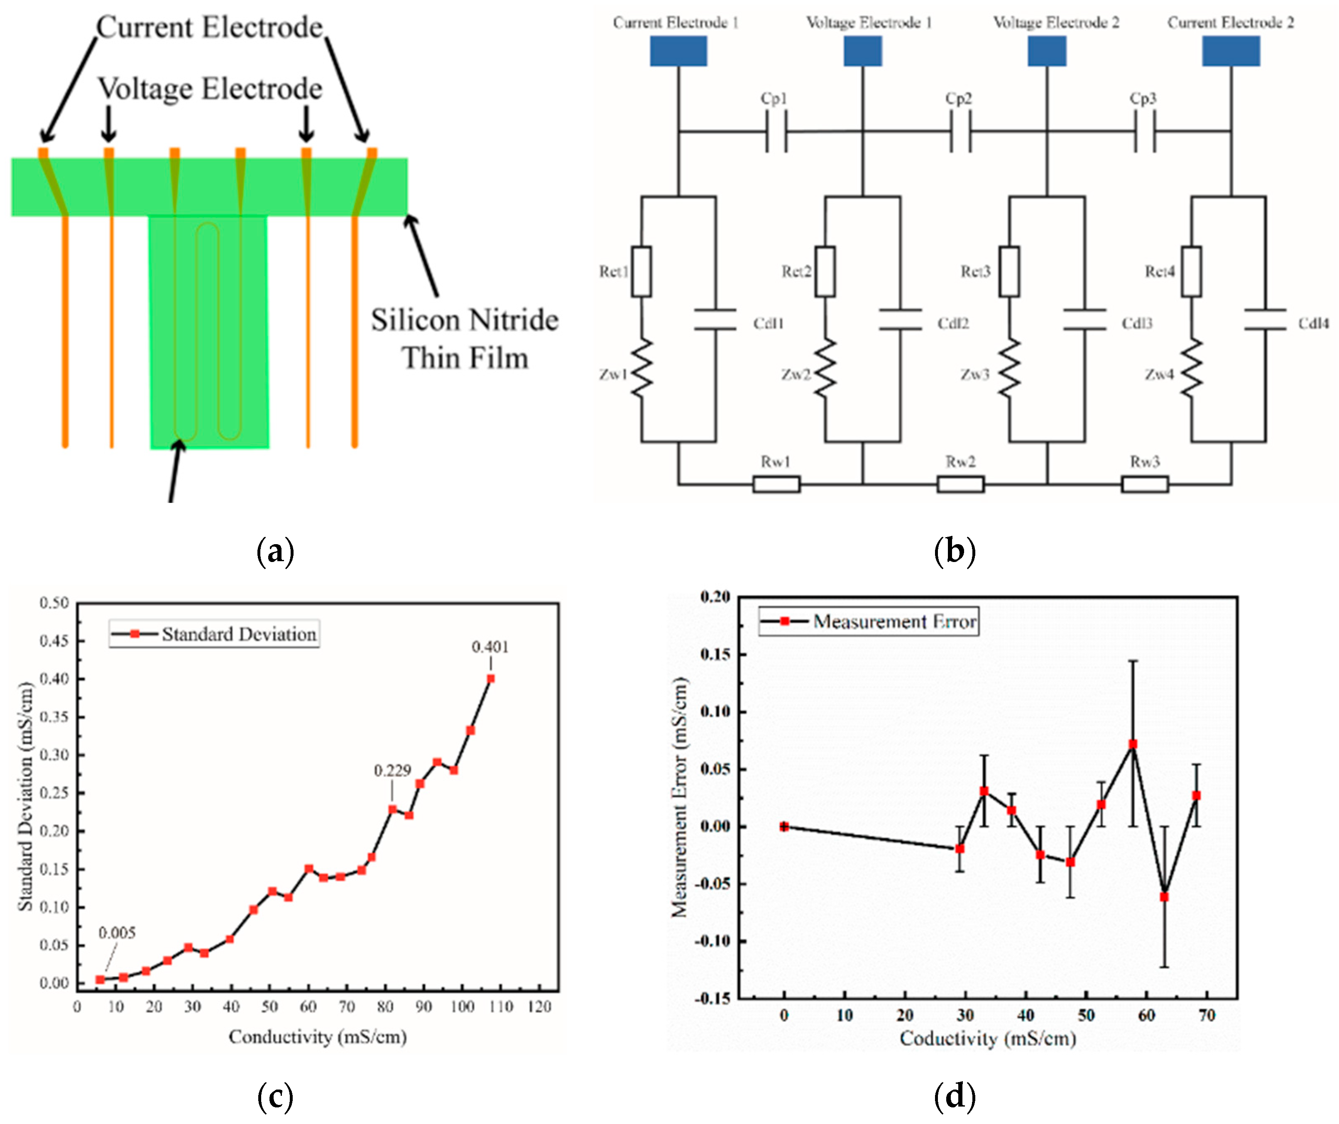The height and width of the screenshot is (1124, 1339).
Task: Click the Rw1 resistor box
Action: [x=776, y=484]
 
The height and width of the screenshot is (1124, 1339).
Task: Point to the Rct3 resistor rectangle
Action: [x=1009, y=271]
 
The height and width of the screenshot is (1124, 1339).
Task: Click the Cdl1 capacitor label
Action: [x=769, y=324]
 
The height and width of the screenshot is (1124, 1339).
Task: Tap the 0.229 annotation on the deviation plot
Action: [x=392, y=771]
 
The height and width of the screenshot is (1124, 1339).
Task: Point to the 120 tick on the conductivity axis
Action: [x=539, y=1007]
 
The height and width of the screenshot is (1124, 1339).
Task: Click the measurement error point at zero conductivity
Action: [x=784, y=827]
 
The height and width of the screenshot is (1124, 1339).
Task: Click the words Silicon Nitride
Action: [x=465, y=320]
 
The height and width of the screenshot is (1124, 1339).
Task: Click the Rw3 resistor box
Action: [x=1145, y=484]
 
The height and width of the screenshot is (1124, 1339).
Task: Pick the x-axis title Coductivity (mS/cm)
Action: [x=988, y=1038]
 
